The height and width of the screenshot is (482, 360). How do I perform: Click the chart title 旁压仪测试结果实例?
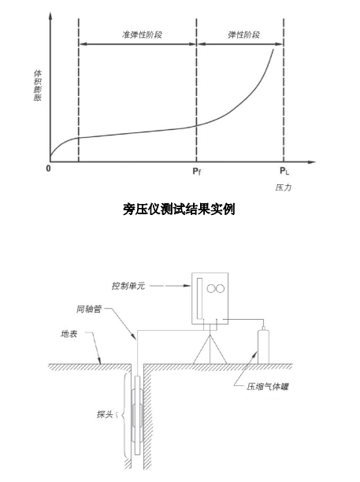pos(179,209)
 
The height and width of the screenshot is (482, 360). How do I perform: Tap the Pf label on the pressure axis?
pos(196,171)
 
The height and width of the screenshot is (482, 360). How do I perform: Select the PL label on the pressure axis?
pos(284,171)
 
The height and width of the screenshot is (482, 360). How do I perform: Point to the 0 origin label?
pos(48,169)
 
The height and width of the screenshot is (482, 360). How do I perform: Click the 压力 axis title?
pos(283,187)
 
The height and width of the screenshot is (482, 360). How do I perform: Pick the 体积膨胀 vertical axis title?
pos(38,86)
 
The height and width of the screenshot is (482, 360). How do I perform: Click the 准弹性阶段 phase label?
pos(142,35)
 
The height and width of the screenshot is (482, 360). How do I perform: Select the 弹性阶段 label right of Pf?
pos(243,35)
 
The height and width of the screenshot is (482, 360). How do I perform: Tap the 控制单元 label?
pos(128,286)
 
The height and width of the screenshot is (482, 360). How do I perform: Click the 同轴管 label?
pos(89,309)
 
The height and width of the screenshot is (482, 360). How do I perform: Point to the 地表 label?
pos(69,334)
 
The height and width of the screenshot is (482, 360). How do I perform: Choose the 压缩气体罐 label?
pos(268,387)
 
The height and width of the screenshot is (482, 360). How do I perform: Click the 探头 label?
pos(105,414)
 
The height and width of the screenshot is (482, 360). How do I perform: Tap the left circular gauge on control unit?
pos(211,288)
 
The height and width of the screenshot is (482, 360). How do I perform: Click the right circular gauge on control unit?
pos(220,288)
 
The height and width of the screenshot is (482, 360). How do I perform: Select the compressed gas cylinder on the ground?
pos(263,346)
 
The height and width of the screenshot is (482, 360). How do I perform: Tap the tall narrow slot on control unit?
pos(199,298)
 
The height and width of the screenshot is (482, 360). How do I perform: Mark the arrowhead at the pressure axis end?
pos(312,161)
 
